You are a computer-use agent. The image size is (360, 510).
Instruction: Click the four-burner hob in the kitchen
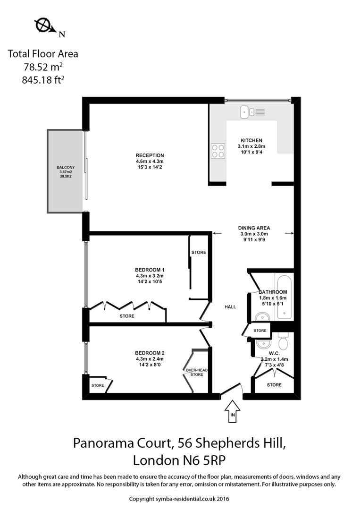(x=218, y=150)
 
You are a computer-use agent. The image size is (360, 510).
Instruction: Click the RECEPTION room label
(x=150, y=155)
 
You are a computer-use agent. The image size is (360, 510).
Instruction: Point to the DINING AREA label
(x=254, y=228)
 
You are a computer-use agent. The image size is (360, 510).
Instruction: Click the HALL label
(x=230, y=307)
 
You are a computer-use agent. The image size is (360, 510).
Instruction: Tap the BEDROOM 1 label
(x=150, y=270)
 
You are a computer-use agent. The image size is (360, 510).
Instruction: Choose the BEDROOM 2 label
(x=150, y=353)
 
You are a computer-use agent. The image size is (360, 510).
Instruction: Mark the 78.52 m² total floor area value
(x=43, y=67)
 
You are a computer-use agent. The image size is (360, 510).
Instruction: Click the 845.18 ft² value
(x=43, y=80)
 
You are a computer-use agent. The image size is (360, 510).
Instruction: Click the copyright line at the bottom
(x=179, y=499)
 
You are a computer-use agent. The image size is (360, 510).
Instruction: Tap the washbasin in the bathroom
(x=260, y=317)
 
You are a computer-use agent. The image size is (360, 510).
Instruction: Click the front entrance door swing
(x=232, y=390)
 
